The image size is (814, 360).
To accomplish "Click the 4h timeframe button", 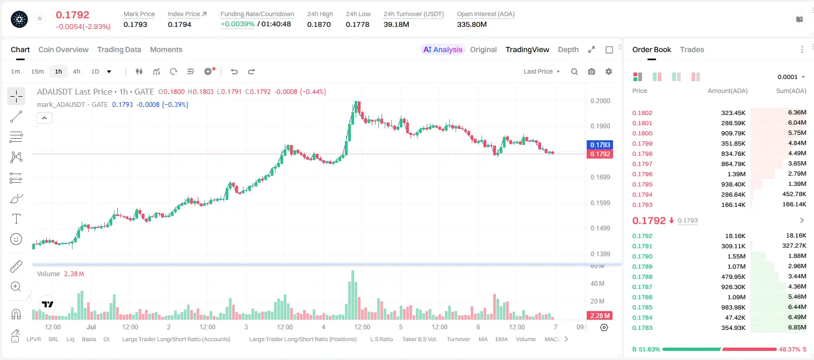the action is click(76, 71).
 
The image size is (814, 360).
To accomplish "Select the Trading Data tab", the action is click(119, 49).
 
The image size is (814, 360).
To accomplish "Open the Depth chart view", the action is click(568, 49).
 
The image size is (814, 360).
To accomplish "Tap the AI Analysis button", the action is click(443, 49).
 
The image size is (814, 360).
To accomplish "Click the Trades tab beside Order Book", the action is click(692, 49).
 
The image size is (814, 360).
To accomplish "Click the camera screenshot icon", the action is click(592, 71).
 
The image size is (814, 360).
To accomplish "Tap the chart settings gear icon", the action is click(609, 71).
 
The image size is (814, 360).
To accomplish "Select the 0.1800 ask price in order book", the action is click(643, 133).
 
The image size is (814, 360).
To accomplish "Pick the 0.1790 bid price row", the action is click(643, 256).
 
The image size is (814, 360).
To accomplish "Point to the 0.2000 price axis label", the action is click(600, 100).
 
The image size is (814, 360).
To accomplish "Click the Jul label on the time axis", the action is click(91, 327).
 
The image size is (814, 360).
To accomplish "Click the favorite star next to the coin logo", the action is click(40, 18).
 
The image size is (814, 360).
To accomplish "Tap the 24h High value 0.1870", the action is click(319, 24).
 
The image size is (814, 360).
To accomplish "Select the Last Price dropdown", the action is click(542, 71).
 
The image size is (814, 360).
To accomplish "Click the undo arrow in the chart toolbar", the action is click(234, 71).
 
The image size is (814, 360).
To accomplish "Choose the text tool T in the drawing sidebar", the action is click(16, 219).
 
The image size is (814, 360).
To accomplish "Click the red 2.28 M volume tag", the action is click(600, 316).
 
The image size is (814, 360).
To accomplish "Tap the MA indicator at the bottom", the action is click(483, 339).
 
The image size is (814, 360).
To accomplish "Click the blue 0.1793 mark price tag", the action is click(600, 145).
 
